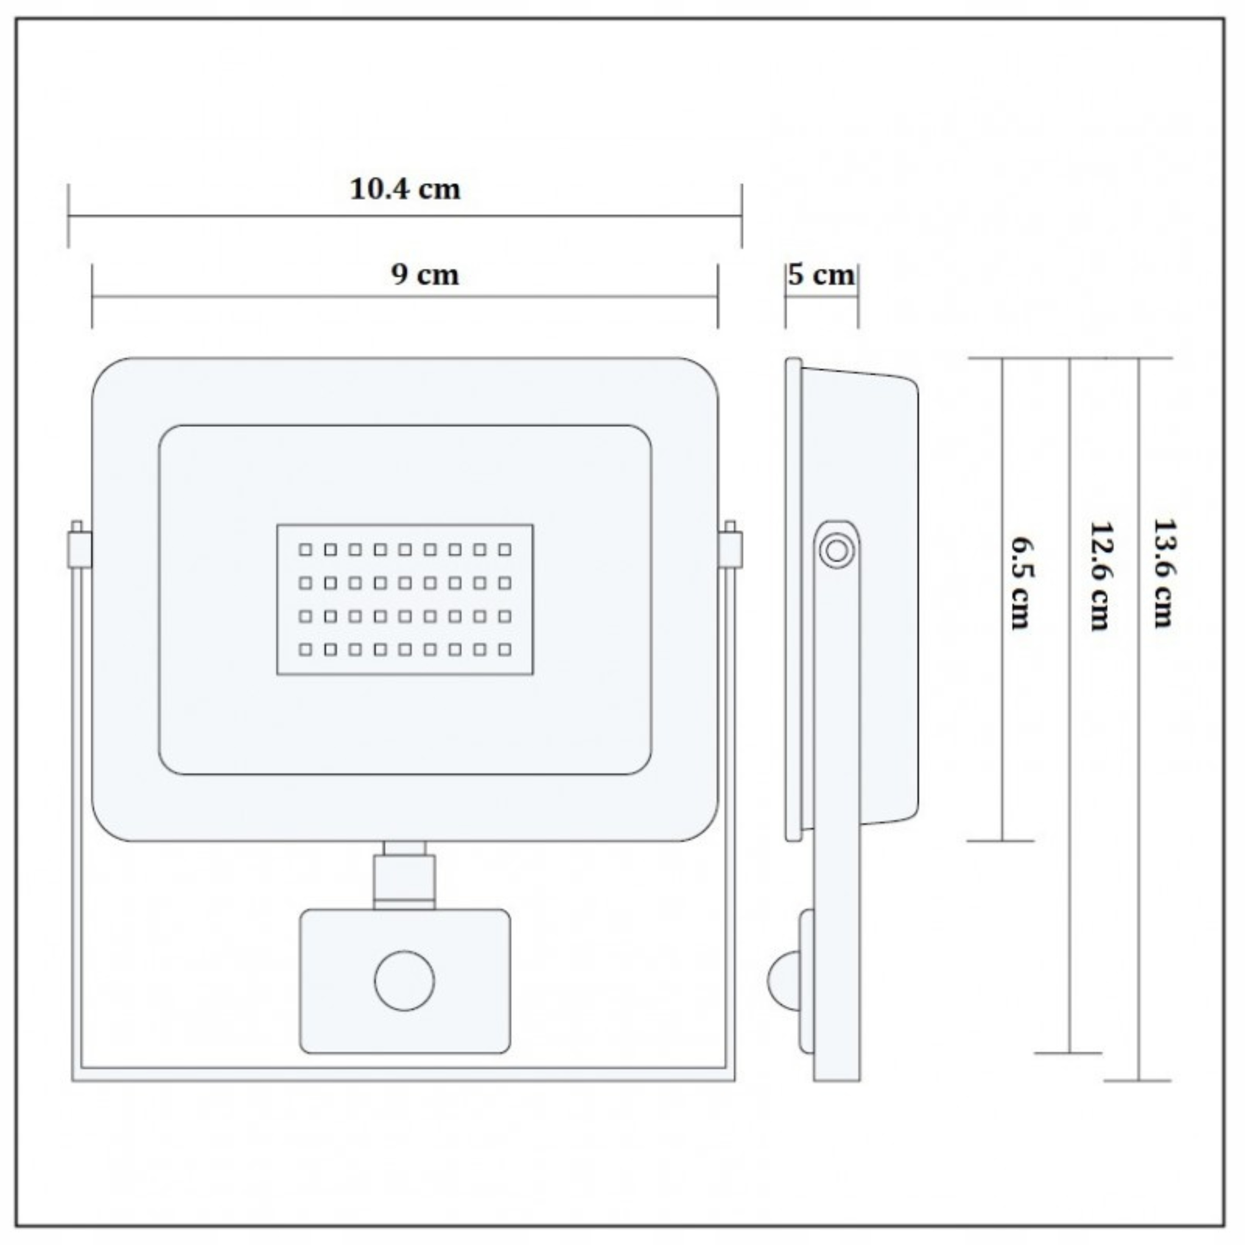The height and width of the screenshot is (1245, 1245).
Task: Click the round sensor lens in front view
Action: (405, 981)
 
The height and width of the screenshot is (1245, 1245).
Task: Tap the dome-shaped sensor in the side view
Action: (783, 981)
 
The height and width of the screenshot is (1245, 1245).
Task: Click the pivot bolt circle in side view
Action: (836, 551)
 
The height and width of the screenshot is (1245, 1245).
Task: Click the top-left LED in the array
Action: (305, 550)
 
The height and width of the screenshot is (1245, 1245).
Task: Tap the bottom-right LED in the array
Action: (505, 650)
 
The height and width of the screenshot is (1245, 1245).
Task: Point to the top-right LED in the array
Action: (505, 550)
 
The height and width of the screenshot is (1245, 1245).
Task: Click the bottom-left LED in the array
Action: (305, 650)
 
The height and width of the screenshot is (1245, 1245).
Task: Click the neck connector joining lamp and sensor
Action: (405, 875)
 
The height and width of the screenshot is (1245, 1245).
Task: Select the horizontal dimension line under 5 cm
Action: (821, 297)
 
